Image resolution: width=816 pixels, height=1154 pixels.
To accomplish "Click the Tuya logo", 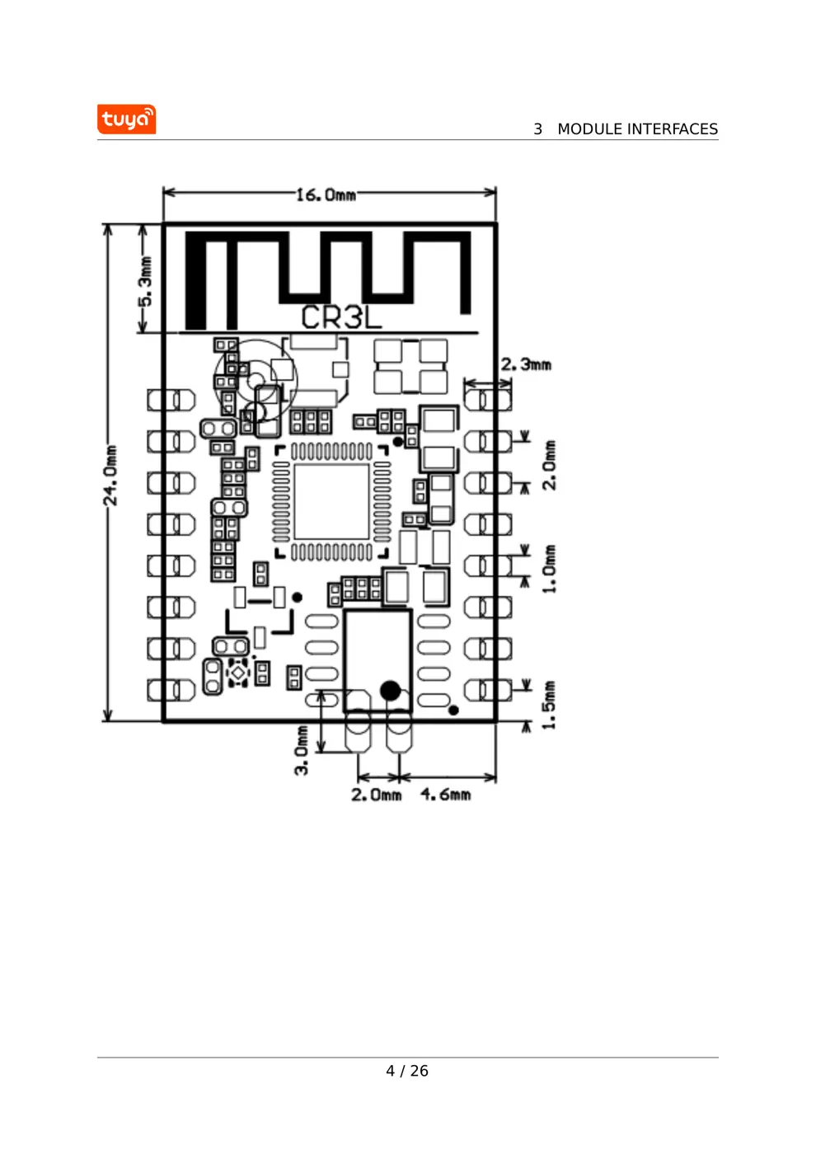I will [x=126, y=120].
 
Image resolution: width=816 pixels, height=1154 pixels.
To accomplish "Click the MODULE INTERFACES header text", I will [x=636, y=129].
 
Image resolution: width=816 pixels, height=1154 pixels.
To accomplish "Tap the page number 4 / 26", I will [x=407, y=1071].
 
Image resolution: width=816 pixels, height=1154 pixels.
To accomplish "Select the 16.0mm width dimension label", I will [x=326, y=195].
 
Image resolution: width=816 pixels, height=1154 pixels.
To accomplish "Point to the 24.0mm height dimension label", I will [x=110, y=475].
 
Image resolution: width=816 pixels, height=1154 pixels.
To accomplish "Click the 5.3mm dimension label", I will [x=145, y=281].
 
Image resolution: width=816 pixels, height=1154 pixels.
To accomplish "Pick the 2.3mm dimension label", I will [x=526, y=364].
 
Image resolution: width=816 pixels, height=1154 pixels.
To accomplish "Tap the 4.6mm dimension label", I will [x=446, y=795].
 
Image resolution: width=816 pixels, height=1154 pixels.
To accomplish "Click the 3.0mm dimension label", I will [x=302, y=750].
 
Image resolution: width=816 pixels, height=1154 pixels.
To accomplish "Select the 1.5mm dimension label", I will [x=549, y=705].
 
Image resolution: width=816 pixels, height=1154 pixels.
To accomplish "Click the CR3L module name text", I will [x=340, y=317].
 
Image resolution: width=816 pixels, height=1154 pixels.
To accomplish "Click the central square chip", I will [x=331, y=502].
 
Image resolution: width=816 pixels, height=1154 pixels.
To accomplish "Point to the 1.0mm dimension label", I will [x=549, y=568].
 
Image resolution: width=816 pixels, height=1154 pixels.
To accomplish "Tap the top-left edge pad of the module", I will [x=171, y=401].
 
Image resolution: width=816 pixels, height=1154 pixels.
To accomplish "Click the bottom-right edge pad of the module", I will [x=488, y=690].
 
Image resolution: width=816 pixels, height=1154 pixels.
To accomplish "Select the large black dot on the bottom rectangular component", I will [x=390, y=690].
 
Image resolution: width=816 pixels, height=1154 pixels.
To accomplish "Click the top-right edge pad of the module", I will [x=488, y=401].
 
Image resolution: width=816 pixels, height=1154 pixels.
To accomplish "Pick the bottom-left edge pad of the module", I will [x=171, y=690].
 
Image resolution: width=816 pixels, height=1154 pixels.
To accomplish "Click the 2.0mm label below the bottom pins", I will [x=376, y=795].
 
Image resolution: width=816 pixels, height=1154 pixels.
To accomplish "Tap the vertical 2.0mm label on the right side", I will [x=549, y=465].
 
